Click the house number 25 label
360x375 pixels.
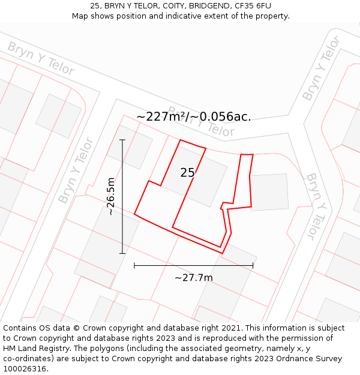coord(188,173)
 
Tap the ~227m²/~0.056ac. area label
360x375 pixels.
coord(193,116)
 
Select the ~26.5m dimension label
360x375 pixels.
coord(111,196)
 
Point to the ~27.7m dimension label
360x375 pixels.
coord(193,278)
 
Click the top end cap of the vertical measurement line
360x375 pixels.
coord(122,140)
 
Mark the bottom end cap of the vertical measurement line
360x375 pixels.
coord(122,253)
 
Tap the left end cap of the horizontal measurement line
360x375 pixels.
coord(134,265)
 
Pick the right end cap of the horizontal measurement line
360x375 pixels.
coord(253,265)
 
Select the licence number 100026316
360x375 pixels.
coord(25,369)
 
